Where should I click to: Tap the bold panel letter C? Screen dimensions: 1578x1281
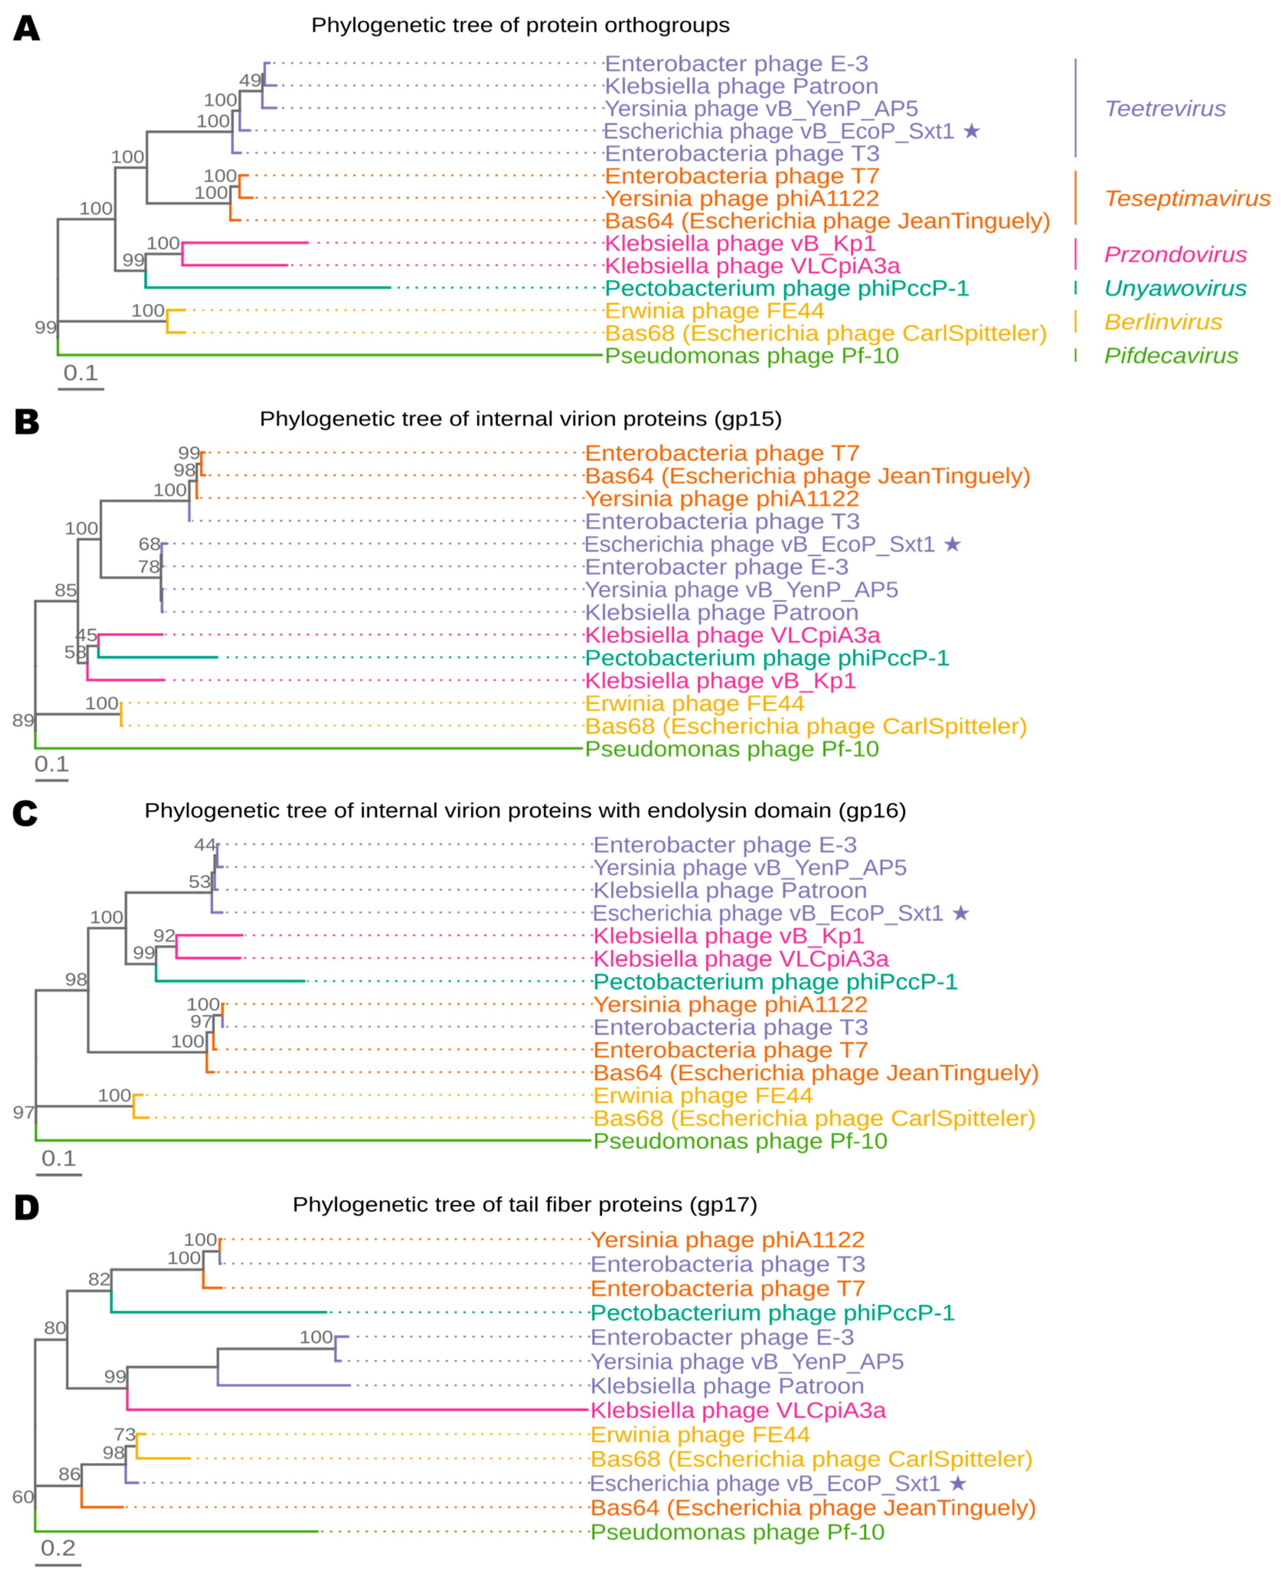[x=25, y=814]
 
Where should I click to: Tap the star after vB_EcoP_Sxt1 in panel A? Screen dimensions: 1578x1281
[x=972, y=131]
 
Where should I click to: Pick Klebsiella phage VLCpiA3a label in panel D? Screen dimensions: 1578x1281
[x=738, y=1410]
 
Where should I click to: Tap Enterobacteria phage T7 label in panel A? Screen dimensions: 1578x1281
[x=742, y=176]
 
